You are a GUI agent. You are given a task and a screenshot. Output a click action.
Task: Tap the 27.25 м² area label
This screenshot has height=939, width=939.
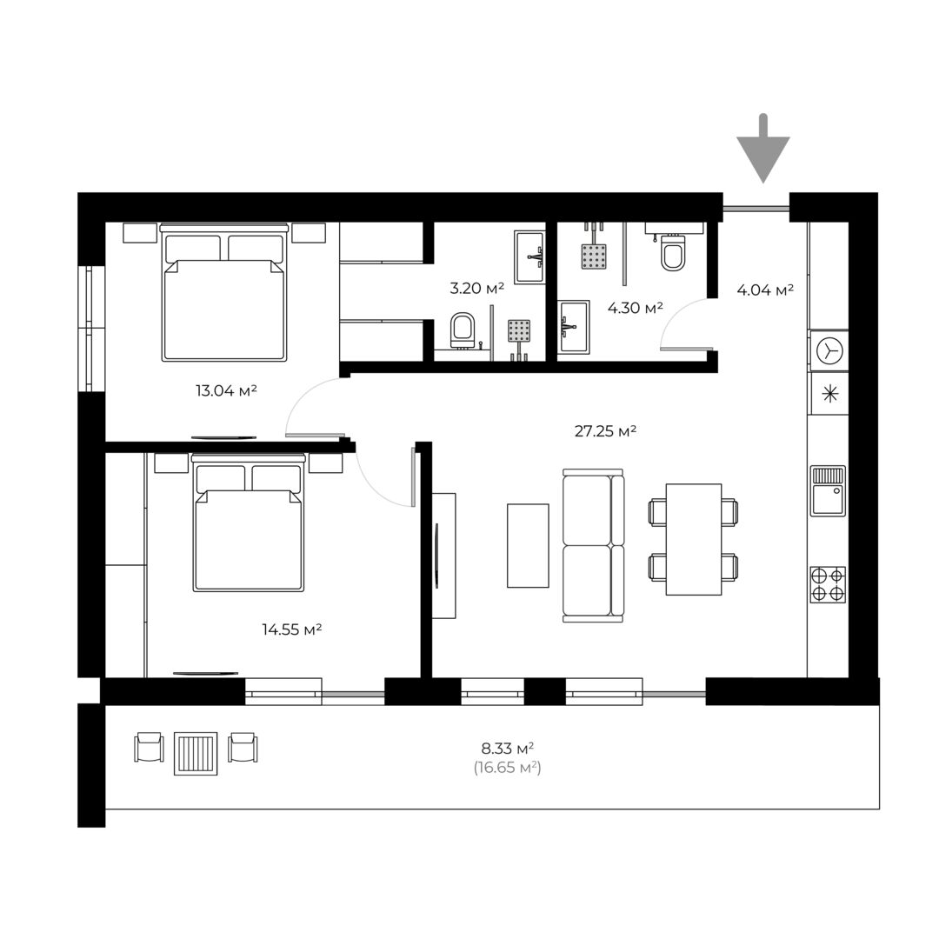(x=605, y=431)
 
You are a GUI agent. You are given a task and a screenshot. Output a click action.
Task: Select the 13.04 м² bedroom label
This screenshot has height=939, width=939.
(x=226, y=391)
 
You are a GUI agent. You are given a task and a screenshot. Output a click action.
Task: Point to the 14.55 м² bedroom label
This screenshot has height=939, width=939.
(x=292, y=629)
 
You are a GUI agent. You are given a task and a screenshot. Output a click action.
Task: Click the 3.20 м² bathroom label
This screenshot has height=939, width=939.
(x=476, y=288)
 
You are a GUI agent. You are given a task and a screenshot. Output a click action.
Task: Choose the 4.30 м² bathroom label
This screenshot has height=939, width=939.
(x=636, y=308)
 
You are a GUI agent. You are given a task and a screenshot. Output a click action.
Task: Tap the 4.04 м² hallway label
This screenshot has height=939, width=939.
(x=765, y=290)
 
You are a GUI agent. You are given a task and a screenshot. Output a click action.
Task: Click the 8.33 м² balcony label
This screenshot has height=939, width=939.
(x=508, y=748)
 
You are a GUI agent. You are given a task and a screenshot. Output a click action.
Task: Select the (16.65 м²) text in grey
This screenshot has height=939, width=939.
(x=508, y=767)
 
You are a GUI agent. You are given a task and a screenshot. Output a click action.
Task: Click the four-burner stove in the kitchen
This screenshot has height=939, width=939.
(x=829, y=584)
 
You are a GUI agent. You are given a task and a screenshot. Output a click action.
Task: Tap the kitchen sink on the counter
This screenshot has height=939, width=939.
(x=829, y=491)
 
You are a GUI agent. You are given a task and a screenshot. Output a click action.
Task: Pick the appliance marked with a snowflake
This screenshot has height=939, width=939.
(x=829, y=394)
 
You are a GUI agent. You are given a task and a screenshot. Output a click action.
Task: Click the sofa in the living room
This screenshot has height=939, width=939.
(x=594, y=545)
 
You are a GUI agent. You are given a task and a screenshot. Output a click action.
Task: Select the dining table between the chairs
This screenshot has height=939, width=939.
(x=694, y=540)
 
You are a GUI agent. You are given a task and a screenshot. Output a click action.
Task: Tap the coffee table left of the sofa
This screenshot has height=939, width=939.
(x=529, y=545)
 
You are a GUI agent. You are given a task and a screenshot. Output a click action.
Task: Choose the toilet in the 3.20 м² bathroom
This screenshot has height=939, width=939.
(x=462, y=330)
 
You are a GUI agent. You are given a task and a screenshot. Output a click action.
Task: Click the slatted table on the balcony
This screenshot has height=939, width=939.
(x=196, y=753)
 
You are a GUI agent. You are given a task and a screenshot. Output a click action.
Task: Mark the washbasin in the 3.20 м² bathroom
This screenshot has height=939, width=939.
(x=529, y=256)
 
